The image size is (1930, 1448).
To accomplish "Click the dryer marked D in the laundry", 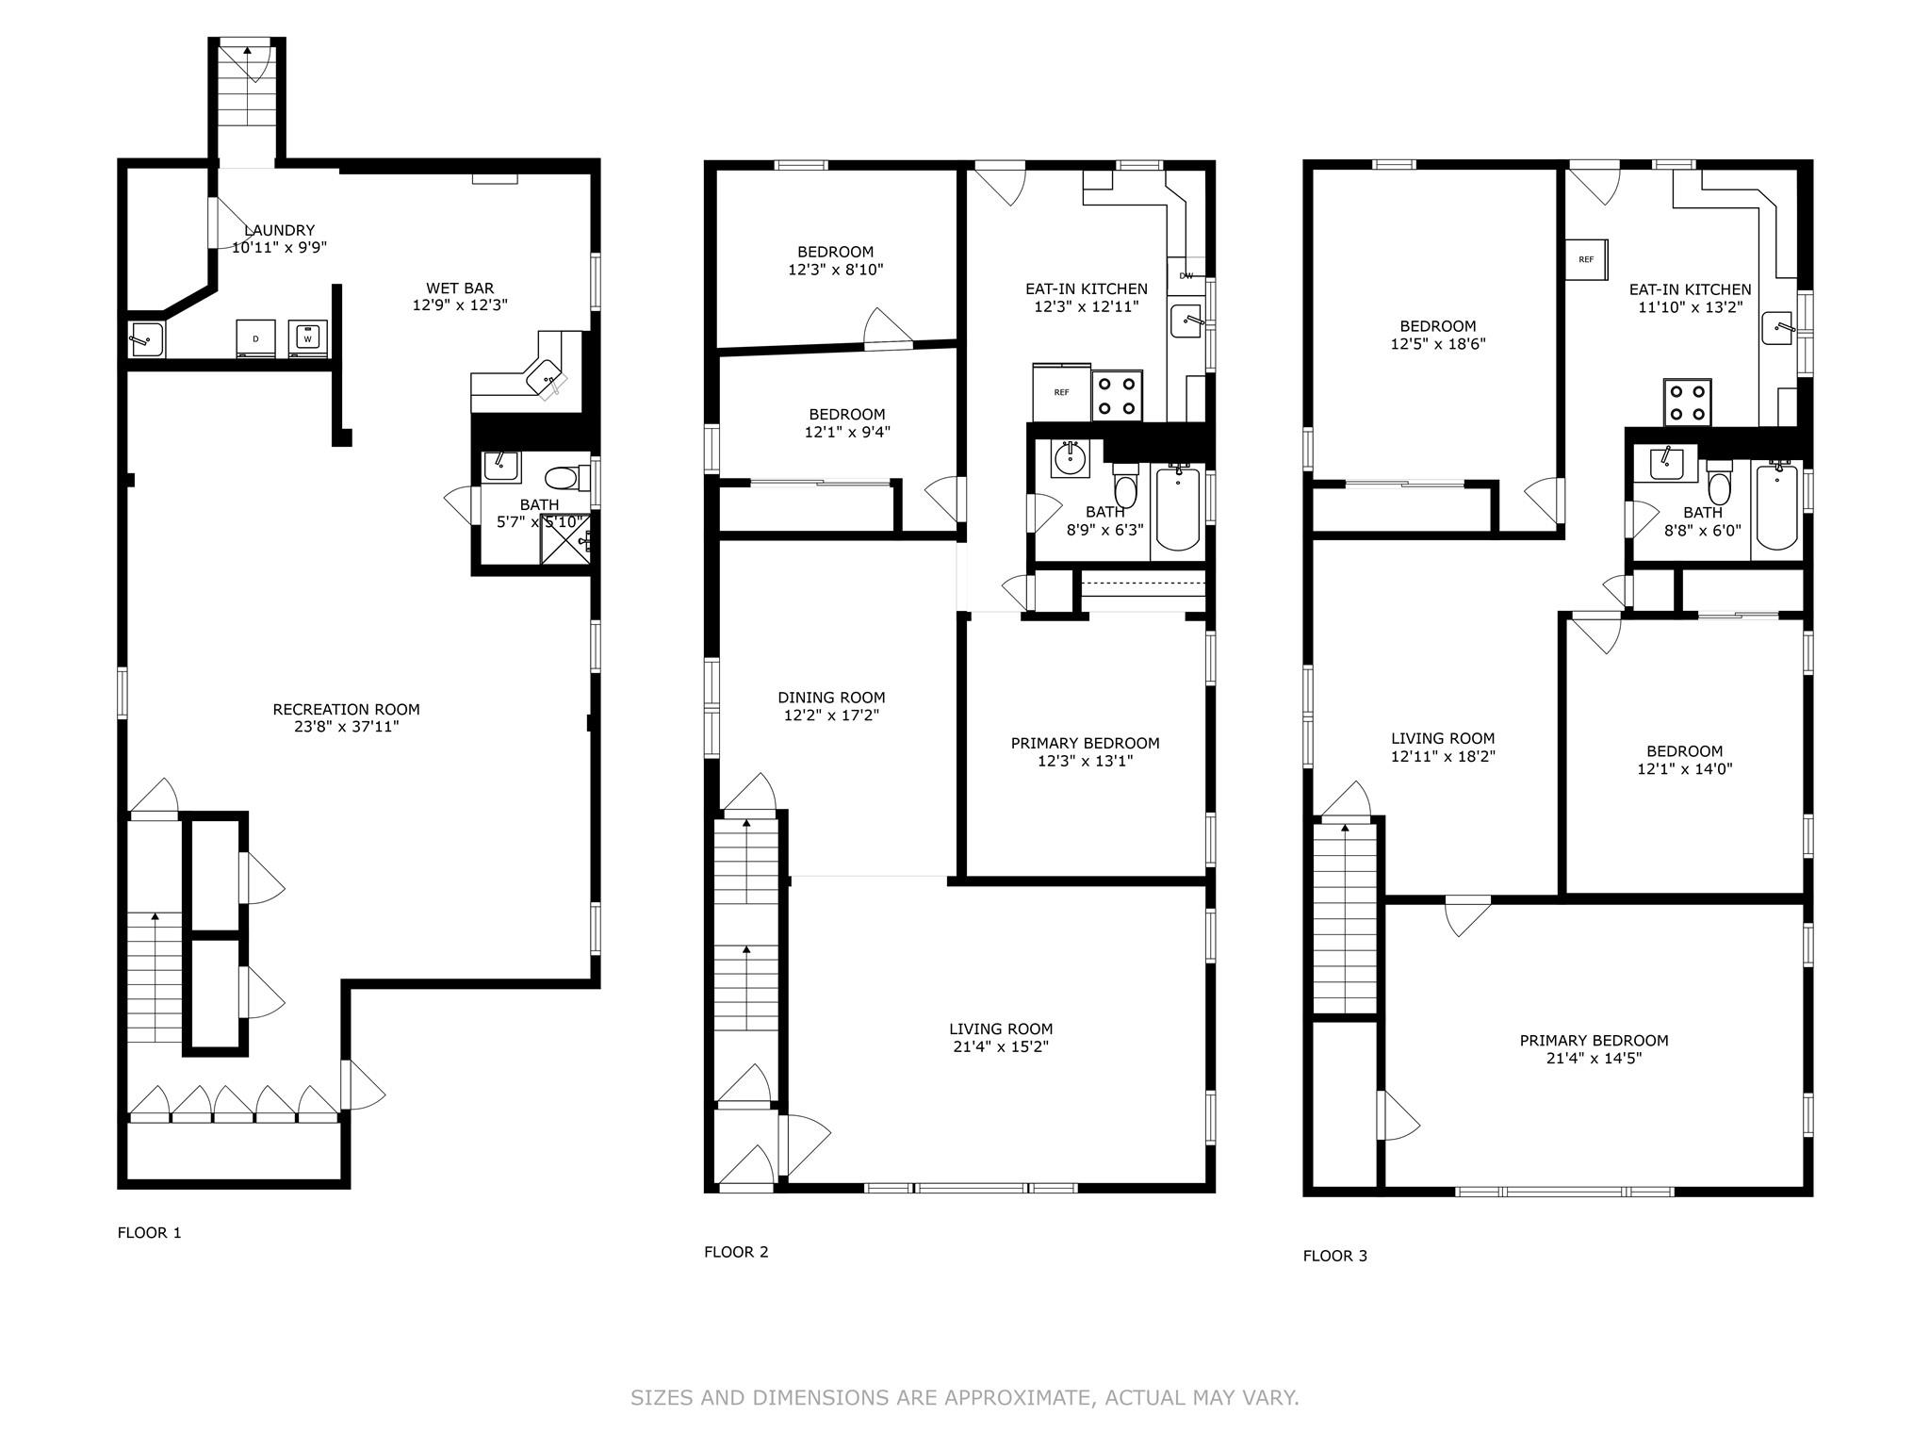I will tap(255, 338).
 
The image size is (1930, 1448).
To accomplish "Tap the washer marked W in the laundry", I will tap(307, 338).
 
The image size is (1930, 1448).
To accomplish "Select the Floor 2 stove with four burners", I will tap(1117, 396).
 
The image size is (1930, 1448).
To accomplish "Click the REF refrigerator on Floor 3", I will tap(1586, 259).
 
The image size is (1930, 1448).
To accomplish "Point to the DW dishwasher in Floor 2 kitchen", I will tap(1186, 275).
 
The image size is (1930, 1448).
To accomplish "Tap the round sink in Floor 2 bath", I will tap(1070, 459).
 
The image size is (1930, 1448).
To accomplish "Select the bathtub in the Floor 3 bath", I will tap(1775, 507).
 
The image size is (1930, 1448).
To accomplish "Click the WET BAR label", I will tap(460, 288).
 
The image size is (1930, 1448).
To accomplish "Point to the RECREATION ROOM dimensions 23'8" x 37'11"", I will tap(346, 727).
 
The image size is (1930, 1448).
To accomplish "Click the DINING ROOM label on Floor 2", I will tap(831, 698).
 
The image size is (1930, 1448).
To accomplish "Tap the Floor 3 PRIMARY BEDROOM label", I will tap(1594, 1041).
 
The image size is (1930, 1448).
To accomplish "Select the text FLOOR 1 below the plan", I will tap(149, 1232).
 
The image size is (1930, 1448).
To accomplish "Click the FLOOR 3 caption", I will tap(1334, 1256).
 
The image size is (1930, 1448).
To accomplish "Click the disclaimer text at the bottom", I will tap(964, 1397).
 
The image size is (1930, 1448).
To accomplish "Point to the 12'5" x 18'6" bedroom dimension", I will tap(1437, 344).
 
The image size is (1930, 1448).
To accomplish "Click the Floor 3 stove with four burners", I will tap(1688, 403).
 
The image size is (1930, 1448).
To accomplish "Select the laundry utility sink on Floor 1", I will tap(146, 337).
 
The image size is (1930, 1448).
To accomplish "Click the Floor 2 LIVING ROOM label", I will tap(1001, 1029).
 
